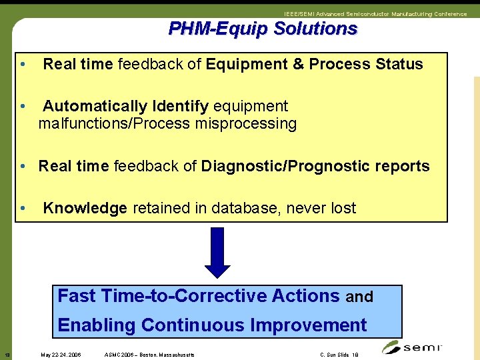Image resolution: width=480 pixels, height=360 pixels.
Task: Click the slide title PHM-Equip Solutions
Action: click(x=263, y=29)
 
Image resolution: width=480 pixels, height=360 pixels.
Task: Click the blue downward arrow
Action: click(x=217, y=253)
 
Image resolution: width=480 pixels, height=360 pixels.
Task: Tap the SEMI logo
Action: click(x=413, y=347)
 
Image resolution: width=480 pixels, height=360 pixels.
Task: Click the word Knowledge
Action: click(x=85, y=208)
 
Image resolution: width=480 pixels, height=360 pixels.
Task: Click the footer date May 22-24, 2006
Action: click(x=61, y=355)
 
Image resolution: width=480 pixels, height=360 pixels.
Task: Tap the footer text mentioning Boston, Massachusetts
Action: click(x=150, y=355)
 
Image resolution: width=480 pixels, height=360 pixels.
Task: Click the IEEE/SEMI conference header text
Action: click(x=375, y=14)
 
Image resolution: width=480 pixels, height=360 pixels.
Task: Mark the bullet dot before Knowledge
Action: click(x=23, y=208)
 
